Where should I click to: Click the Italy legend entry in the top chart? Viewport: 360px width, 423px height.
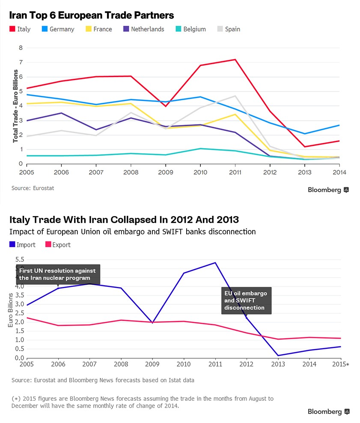click(20, 29)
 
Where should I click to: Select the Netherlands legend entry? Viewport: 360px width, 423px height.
click(143, 29)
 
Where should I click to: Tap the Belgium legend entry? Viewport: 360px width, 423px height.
click(190, 29)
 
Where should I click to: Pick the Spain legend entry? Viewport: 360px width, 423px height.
click(229, 29)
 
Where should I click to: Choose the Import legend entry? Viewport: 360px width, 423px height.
click(22, 245)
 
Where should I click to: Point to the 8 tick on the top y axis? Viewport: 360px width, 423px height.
click(21, 48)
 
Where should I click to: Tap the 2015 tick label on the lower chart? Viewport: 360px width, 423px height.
click(340, 364)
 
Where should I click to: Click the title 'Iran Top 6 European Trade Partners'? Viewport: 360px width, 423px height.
click(91, 15)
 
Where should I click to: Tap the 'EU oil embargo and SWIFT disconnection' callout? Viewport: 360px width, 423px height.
click(246, 301)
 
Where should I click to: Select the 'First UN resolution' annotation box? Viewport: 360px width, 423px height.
click(58, 274)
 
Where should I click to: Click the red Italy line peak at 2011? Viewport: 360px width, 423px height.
click(235, 60)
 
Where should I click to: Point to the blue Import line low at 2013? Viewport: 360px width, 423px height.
click(278, 355)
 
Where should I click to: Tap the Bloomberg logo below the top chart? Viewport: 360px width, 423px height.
click(328, 190)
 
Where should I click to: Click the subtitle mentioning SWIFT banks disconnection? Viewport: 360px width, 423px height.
click(132, 232)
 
